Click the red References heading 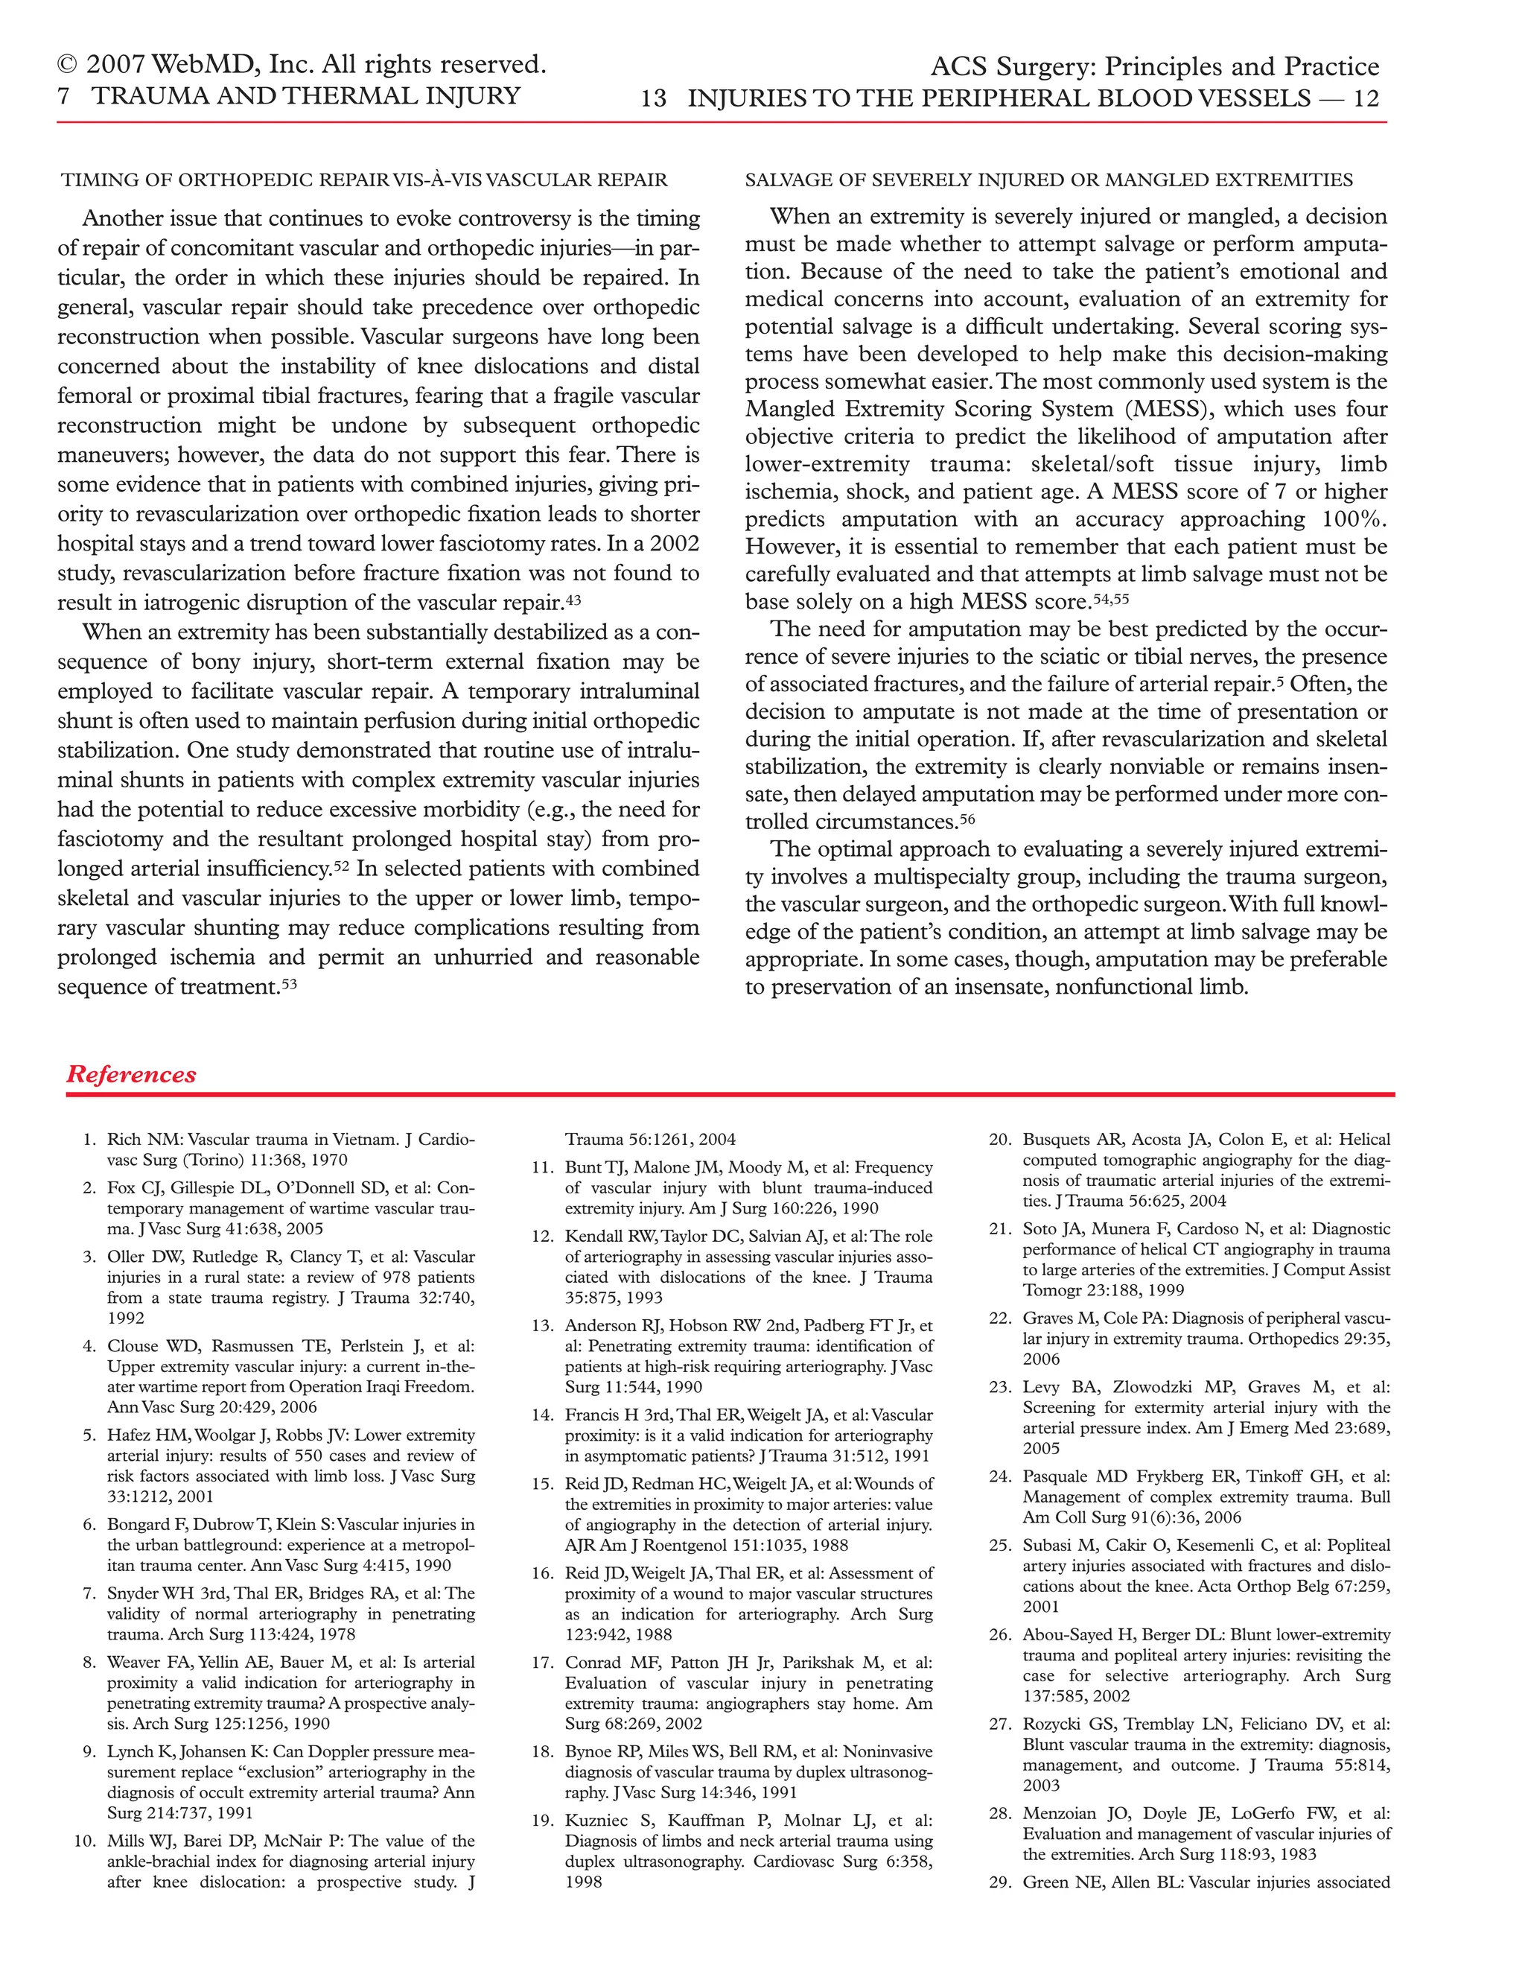[131, 1075]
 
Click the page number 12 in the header [1366, 98]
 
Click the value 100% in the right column [1352, 520]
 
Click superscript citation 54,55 [1110, 597]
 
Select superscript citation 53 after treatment [289, 983]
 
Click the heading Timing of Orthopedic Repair [364, 180]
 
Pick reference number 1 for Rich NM [89, 1140]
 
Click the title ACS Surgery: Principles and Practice [1155, 67]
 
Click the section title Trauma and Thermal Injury [306, 97]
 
